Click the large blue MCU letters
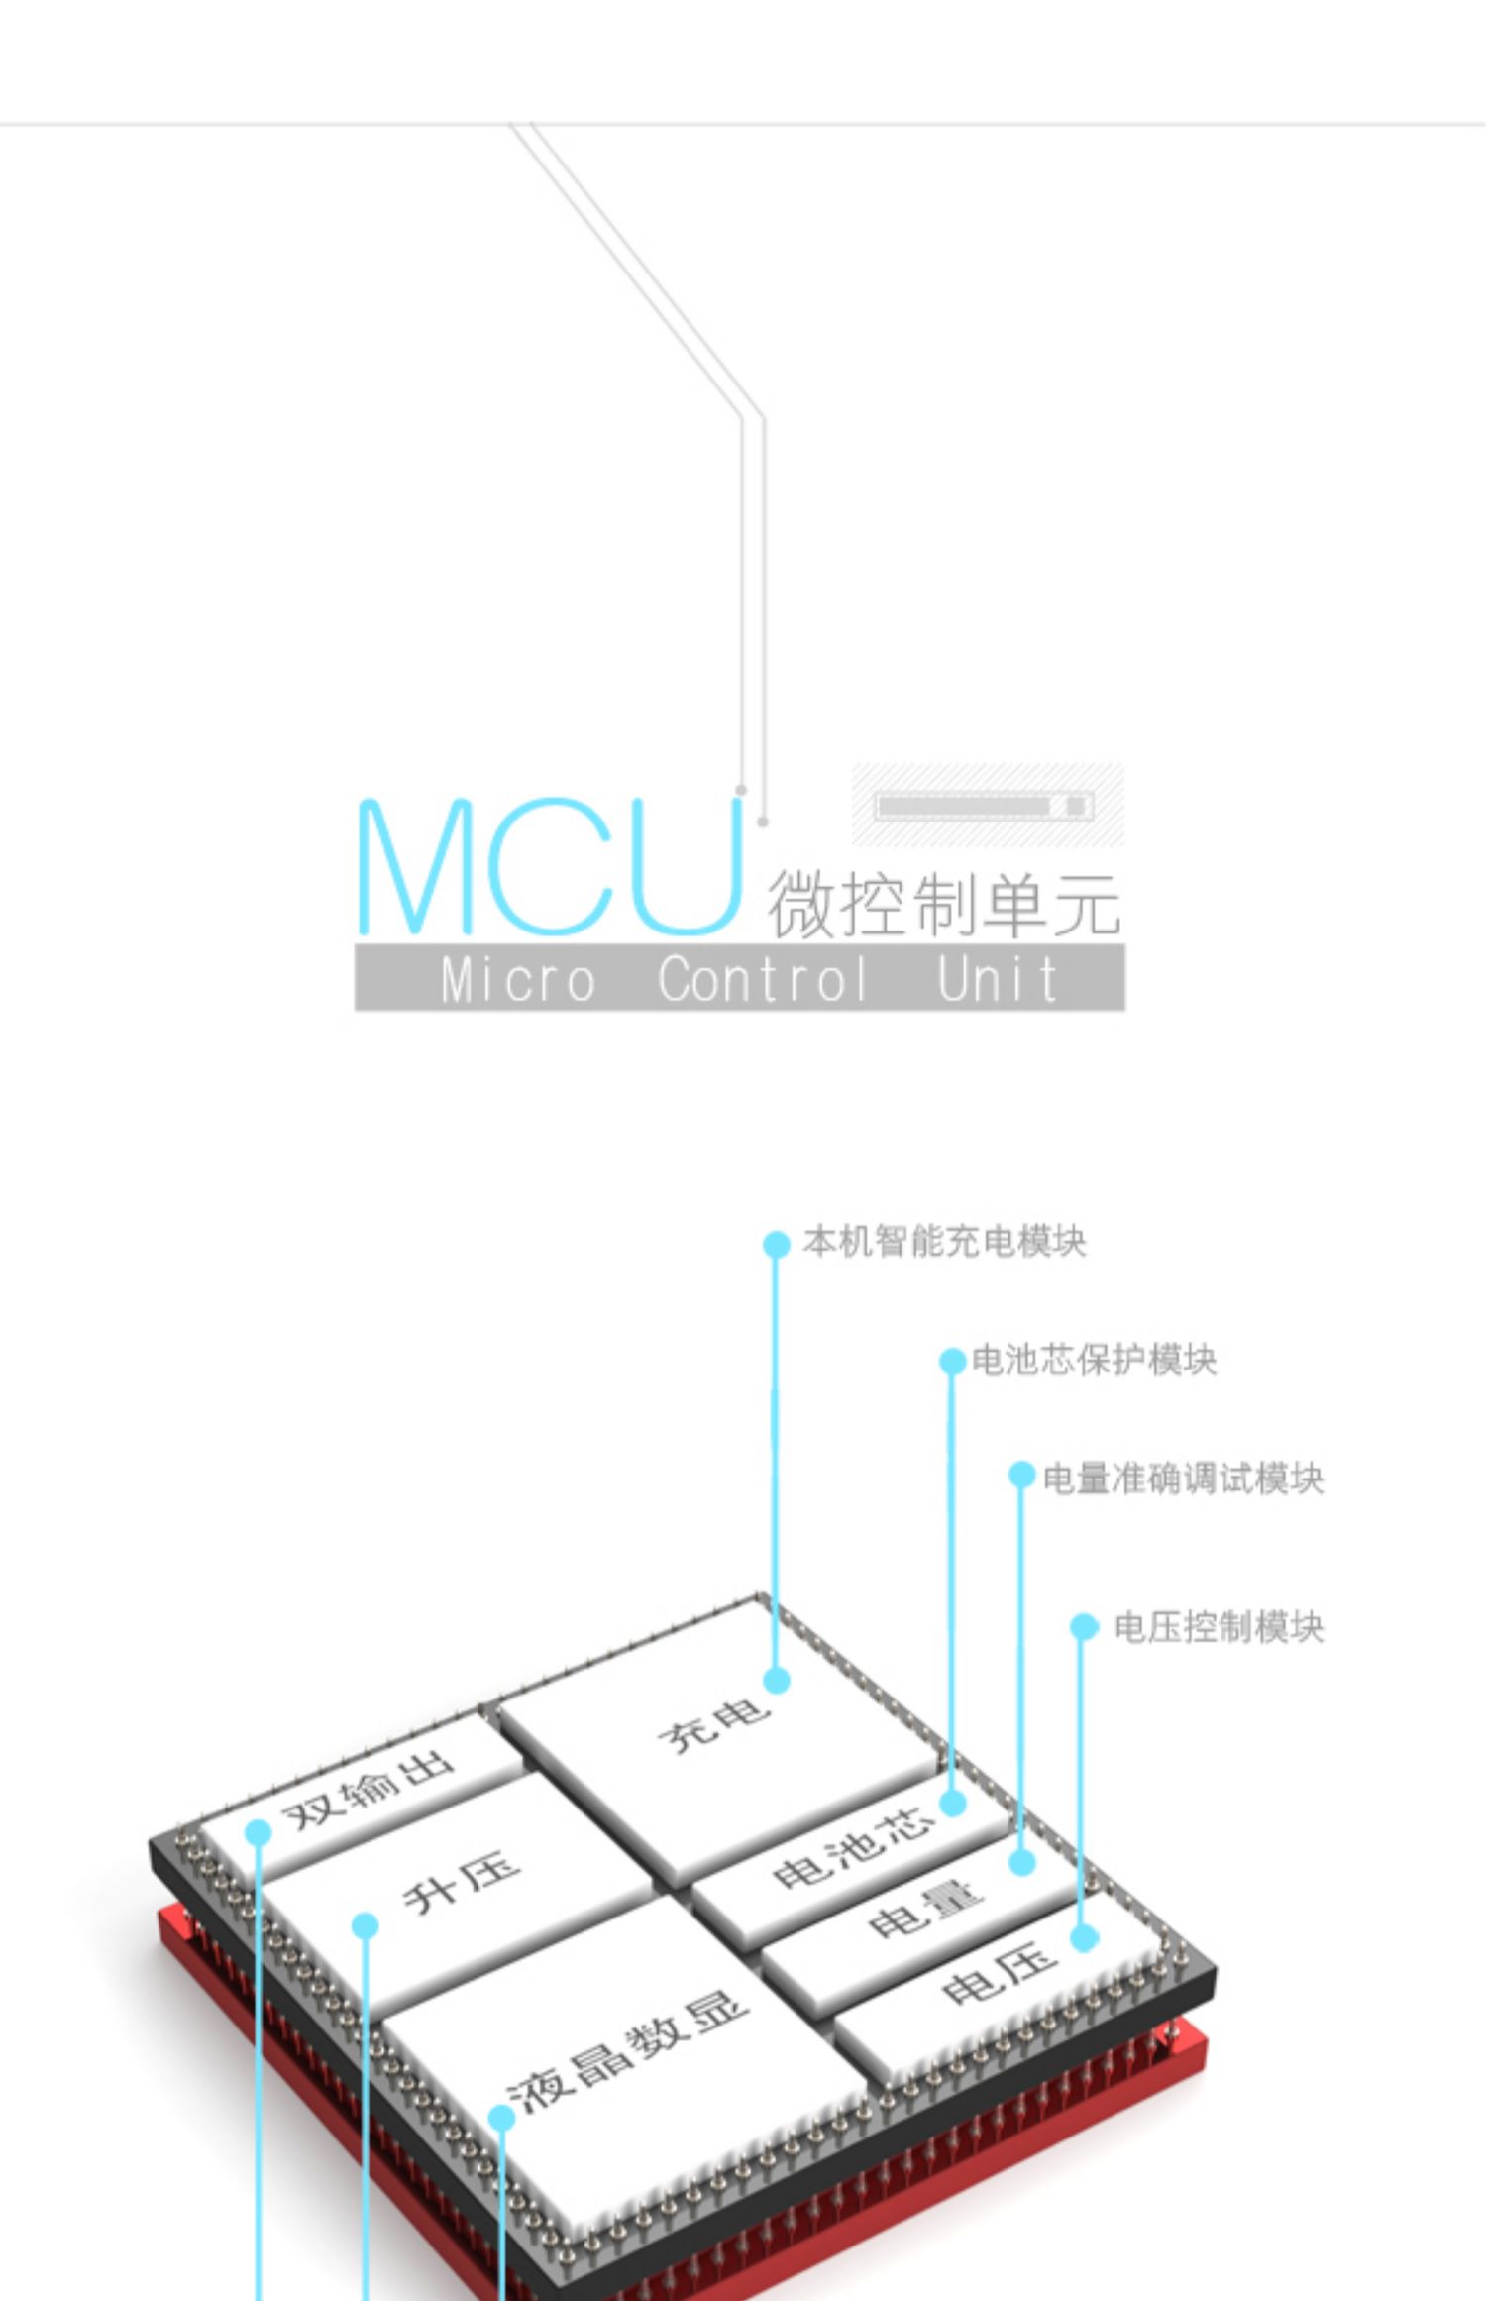click(550, 867)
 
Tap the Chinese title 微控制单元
click(943, 904)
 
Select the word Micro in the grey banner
click(518, 979)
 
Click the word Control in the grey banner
click(763, 979)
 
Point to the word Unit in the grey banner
click(997, 979)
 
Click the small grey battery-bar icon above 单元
click(986, 806)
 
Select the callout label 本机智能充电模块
click(944, 1242)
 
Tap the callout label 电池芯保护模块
click(1094, 1360)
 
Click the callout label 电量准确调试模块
click(1183, 1479)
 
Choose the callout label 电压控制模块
click(1219, 1627)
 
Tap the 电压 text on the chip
click(998, 1972)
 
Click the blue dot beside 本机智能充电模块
click(777, 1244)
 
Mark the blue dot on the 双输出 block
click(259, 1832)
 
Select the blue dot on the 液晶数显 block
click(502, 2118)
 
